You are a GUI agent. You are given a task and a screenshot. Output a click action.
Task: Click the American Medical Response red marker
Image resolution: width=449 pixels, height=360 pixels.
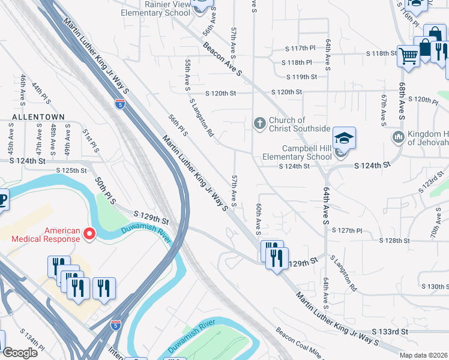[90, 233]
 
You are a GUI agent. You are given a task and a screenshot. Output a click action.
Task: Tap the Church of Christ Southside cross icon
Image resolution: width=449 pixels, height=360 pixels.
[259, 124]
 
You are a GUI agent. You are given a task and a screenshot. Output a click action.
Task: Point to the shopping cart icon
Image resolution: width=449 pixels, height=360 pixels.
[408, 56]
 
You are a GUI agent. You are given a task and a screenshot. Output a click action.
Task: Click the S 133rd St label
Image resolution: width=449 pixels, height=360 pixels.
[389, 331]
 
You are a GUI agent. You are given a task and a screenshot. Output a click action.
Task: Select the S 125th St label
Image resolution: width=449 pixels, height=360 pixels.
[75, 170]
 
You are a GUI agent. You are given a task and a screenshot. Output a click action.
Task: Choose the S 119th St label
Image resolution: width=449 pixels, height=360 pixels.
[301, 77]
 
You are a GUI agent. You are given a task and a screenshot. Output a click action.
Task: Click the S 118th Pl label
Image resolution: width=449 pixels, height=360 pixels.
[297, 62]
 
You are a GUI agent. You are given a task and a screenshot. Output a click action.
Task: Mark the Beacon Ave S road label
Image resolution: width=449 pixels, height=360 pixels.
[222, 58]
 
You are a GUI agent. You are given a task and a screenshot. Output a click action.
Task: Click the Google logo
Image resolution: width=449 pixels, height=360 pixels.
[20, 353]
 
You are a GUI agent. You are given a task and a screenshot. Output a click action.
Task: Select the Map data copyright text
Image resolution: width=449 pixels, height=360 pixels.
[424, 355]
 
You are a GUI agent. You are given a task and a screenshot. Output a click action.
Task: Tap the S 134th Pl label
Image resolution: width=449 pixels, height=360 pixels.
[32, 339]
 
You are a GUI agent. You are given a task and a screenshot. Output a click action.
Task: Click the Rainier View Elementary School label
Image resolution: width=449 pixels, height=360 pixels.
[156, 8]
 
